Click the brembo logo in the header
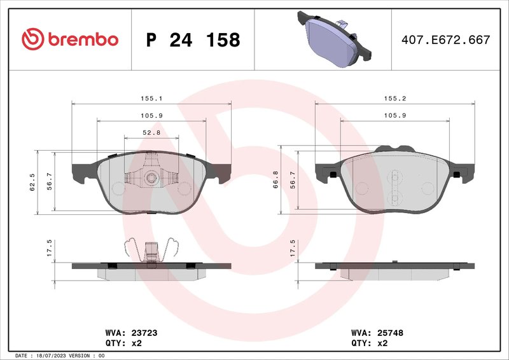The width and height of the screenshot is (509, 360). [x=70, y=39]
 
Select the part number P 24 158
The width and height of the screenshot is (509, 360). [x=193, y=40]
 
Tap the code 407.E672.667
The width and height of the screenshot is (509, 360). [x=445, y=40]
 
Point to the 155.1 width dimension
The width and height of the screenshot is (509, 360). [x=151, y=99]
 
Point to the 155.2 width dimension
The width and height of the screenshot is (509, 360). [x=394, y=99]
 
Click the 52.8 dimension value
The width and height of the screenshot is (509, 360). [x=151, y=132]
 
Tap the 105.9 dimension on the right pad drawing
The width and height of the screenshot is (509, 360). [x=394, y=115]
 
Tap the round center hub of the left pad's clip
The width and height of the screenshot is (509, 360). [x=151, y=177]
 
